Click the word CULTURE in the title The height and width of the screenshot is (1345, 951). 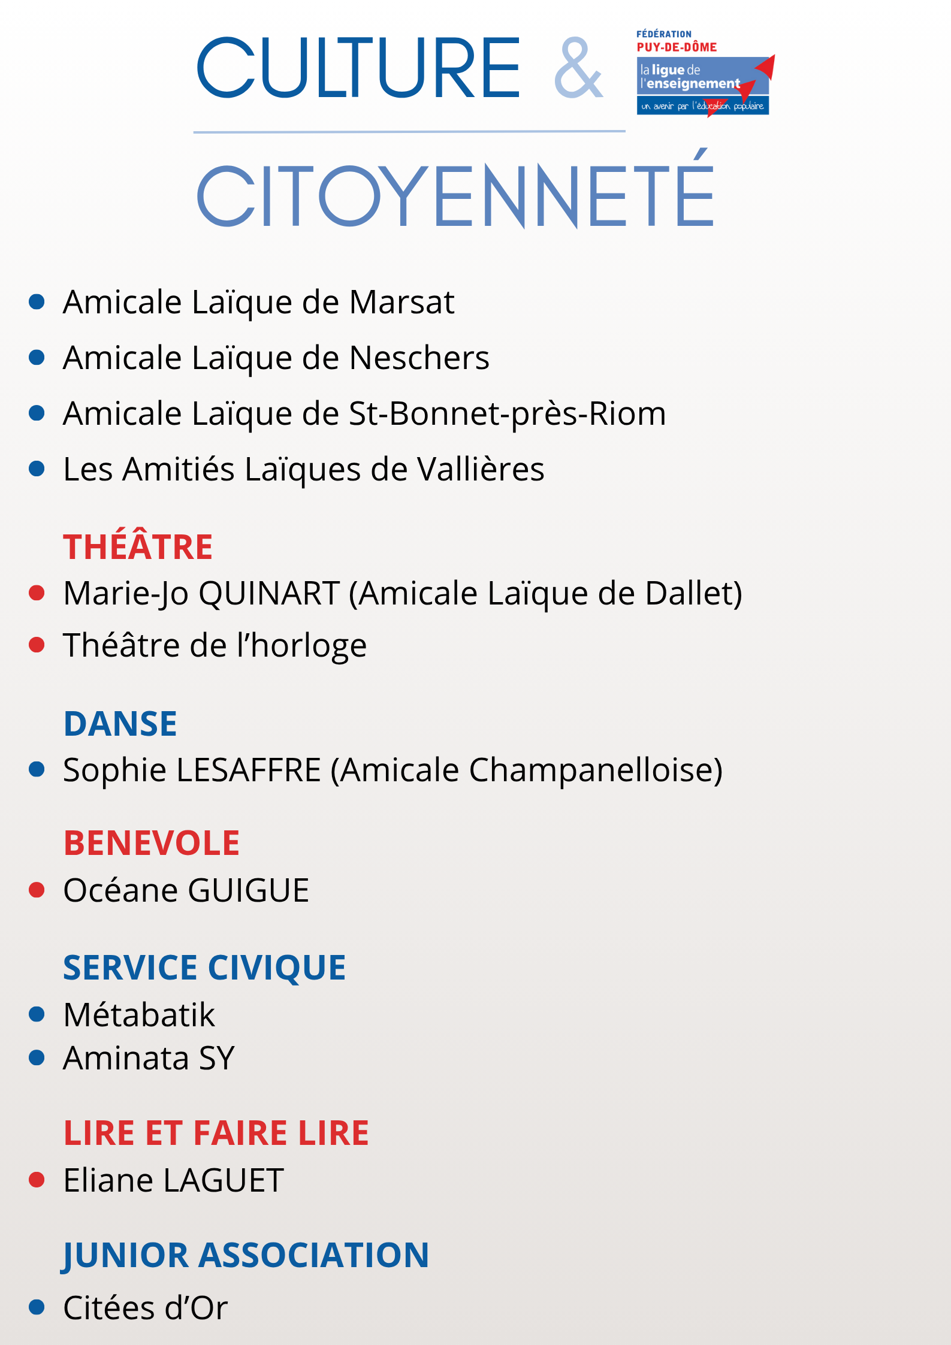click(358, 68)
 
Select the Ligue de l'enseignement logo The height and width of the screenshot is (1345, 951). click(704, 73)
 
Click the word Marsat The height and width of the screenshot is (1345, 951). click(401, 302)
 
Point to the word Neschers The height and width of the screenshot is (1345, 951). click(419, 358)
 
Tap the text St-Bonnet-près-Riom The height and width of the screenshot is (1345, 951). click(507, 414)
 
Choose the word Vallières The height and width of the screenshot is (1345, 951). click(481, 469)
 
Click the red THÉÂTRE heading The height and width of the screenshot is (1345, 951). click(138, 546)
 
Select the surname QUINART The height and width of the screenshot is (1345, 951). click(269, 593)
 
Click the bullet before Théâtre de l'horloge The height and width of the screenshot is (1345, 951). click(37, 645)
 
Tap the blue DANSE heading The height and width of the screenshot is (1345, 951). click(120, 723)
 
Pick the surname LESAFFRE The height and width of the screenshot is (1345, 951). click(249, 770)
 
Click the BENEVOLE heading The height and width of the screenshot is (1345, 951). click(152, 843)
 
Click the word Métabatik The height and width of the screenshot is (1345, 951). click(139, 1015)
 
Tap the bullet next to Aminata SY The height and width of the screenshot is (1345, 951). click(37, 1058)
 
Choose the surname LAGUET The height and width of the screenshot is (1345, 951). click(223, 1180)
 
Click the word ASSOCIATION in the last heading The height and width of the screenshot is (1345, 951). click(313, 1255)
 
